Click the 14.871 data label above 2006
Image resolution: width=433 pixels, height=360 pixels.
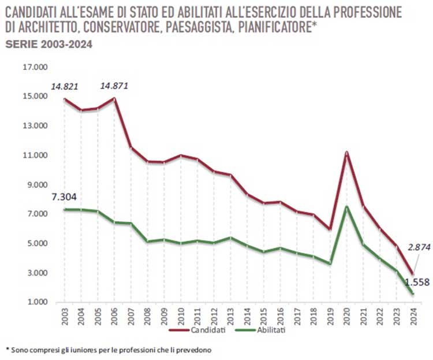114,86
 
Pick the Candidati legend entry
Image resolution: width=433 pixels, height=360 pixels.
203,331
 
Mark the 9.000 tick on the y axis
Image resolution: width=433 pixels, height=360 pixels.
35,185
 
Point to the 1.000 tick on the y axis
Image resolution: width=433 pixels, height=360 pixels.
35,302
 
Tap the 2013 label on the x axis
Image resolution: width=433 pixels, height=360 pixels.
231,315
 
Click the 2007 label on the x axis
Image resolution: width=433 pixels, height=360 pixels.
132,315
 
